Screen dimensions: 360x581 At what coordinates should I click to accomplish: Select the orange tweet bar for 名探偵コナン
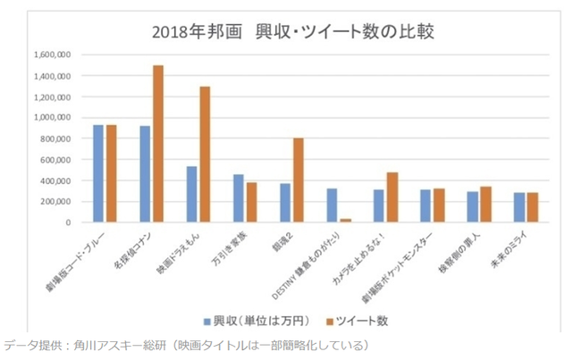[x=158, y=143]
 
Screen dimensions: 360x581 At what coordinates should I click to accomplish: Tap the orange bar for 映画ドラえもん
[x=205, y=154]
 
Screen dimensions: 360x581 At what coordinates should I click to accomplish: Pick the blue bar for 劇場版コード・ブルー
[x=98, y=173]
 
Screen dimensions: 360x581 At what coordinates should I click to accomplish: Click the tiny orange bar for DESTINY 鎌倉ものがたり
[x=345, y=219]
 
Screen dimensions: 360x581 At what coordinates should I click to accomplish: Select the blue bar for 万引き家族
[x=239, y=197]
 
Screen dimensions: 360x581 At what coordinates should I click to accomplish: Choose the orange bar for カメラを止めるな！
[x=392, y=197]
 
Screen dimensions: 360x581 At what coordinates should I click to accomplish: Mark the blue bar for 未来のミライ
[x=519, y=206]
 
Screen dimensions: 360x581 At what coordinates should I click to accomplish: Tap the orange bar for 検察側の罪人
[x=485, y=204]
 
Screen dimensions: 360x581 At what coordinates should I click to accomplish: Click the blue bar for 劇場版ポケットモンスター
[x=425, y=205]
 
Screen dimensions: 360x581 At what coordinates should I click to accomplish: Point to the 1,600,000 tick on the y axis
[x=51, y=54]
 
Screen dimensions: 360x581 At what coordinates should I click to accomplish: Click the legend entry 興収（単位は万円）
[x=257, y=319]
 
